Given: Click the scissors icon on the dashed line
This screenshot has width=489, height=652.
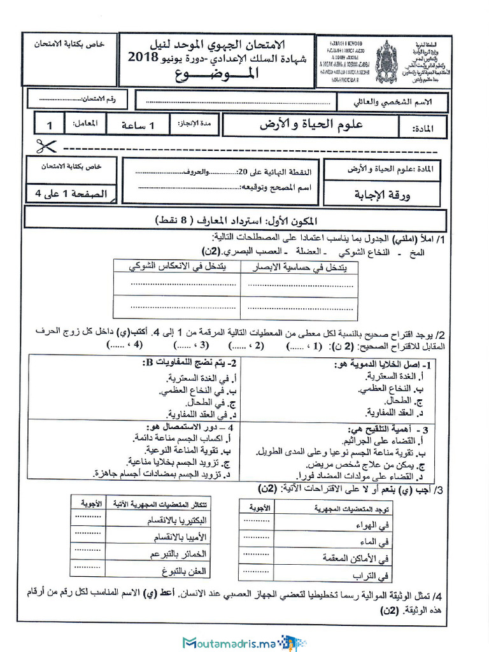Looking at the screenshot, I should (x=43, y=146).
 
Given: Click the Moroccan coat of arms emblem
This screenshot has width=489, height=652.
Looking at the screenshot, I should (x=386, y=62).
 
